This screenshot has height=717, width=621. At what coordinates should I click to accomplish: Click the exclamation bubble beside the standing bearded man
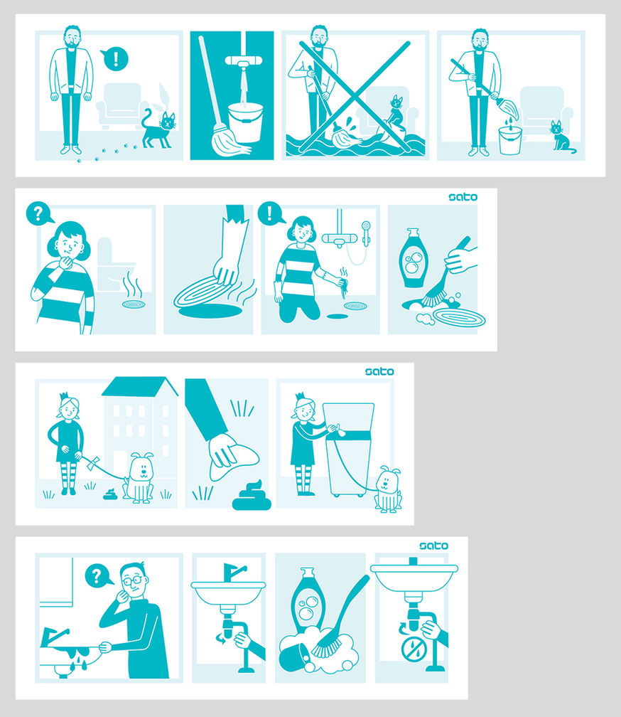point(114,60)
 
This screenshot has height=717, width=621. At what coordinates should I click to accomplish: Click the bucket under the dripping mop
point(510,141)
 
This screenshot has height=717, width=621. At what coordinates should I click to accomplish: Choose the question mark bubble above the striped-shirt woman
point(39,213)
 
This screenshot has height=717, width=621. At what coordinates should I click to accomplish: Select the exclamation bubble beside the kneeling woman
point(271,213)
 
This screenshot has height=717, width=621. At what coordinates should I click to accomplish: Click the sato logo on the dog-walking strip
point(379,371)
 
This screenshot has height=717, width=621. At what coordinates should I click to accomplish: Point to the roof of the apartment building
point(140,386)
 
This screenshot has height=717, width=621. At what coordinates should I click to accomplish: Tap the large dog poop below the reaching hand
point(252,496)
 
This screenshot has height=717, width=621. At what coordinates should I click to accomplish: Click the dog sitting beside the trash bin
point(388,489)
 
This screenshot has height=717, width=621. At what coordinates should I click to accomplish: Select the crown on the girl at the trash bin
point(300,396)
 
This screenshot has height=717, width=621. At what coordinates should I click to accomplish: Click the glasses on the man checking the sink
point(133,580)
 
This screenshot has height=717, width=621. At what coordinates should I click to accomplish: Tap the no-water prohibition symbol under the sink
point(412,648)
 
